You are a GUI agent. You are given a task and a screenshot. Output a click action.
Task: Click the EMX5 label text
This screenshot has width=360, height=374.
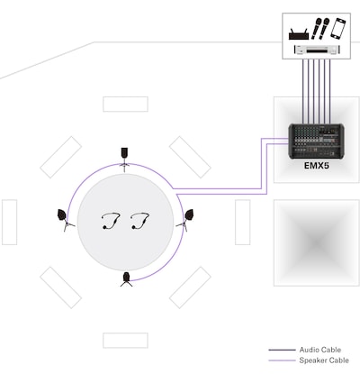(x=317, y=166)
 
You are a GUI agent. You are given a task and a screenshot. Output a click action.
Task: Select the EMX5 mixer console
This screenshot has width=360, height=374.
(x=316, y=141)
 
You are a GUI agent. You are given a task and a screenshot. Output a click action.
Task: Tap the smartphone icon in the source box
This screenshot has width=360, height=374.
(x=337, y=28)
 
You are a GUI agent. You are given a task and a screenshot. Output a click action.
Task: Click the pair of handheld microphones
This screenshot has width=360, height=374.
(x=319, y=29)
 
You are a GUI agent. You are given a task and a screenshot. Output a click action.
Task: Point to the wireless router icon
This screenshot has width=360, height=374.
(x=299, y=34)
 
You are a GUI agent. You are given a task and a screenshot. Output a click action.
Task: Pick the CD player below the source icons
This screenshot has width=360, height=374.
(x=317, y=50)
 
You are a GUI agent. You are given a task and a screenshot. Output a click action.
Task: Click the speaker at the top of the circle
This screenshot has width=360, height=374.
(x=124, y=157)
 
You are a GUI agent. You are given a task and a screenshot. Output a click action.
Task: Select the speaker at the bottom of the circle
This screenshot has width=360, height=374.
(x=126, y=279)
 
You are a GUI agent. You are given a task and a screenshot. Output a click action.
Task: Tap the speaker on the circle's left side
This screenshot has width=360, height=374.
(x=65, y=219)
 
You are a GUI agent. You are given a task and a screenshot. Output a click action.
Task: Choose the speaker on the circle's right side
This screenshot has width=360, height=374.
(x=186, y=220)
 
